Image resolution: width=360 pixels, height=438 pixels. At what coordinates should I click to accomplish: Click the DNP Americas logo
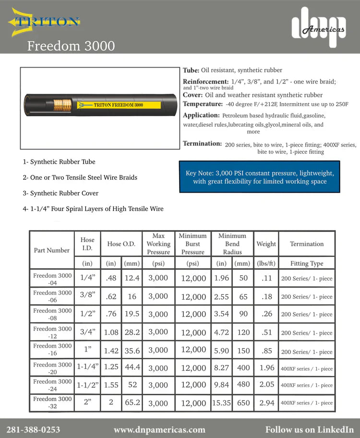click(x=319, y=27)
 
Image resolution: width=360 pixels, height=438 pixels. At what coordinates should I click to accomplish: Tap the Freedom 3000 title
click(x=71, y=46)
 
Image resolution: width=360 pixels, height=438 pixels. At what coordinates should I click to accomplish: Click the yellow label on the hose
click(x=120, y=105)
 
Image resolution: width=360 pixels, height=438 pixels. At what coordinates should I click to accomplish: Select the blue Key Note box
click(x=259, y=177)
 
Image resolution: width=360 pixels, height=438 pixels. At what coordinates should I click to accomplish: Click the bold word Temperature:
click(x=203, y=104)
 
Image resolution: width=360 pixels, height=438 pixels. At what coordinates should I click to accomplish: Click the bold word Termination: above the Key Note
click(x=202, y=144)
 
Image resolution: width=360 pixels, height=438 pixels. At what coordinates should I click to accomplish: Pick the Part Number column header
click(x=52, y=250)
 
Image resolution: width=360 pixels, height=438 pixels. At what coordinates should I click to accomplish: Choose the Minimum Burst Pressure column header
click(x=192, y=244)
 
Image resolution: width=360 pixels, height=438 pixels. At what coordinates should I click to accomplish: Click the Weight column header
click(x=266, y=244)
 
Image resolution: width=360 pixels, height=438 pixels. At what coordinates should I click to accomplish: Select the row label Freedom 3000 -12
click(x=52, y=332)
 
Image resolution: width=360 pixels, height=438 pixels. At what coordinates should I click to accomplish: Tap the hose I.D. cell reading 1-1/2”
click(x=87, y=385)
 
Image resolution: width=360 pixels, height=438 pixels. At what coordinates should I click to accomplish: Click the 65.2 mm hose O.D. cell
click(x=132, y=402)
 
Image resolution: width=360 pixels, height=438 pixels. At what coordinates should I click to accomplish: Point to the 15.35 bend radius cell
click(x=221, y=403)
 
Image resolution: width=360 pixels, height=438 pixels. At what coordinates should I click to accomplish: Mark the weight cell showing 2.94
click(x=266, y=403)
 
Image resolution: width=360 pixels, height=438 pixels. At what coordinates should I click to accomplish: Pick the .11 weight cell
click(x=266, y=278)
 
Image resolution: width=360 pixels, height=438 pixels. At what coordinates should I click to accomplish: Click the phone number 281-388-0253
click(x=33, y=429)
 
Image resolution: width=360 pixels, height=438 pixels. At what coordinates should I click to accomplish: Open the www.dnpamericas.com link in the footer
click(x=159, y=429)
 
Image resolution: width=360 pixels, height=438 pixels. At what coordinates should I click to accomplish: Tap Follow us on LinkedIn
click(x=309, y=429)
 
